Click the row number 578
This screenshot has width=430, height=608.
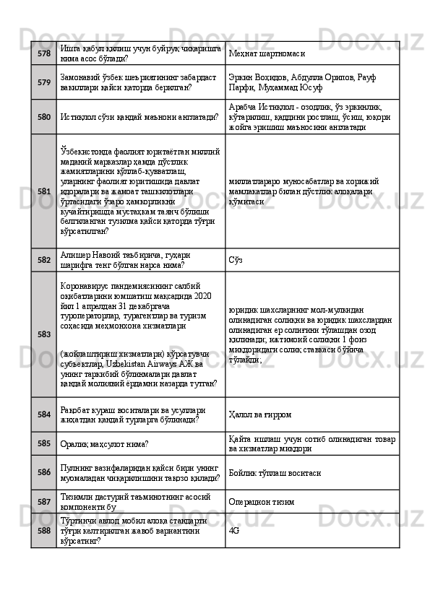[x=44, y=53]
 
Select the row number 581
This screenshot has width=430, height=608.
[x=44, y=191]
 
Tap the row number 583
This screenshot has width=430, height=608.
[x=44, y=334]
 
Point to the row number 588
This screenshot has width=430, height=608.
[x=44, y=530]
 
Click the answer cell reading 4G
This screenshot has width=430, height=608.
[x=233, y=530]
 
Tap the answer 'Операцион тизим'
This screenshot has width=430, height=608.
[x=263, y=502]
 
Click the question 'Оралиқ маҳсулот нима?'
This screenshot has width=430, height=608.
[x=106, y=443]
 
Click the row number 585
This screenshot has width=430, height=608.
[x=44, y=443]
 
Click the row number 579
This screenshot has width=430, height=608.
[x=44, y=82]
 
